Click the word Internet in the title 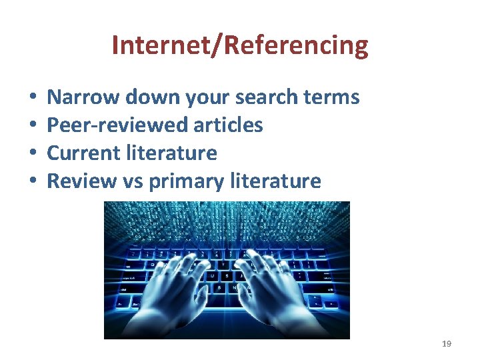[x=152, y=45]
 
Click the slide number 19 [x=446, y=343]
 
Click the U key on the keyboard [x=211, y=275]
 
